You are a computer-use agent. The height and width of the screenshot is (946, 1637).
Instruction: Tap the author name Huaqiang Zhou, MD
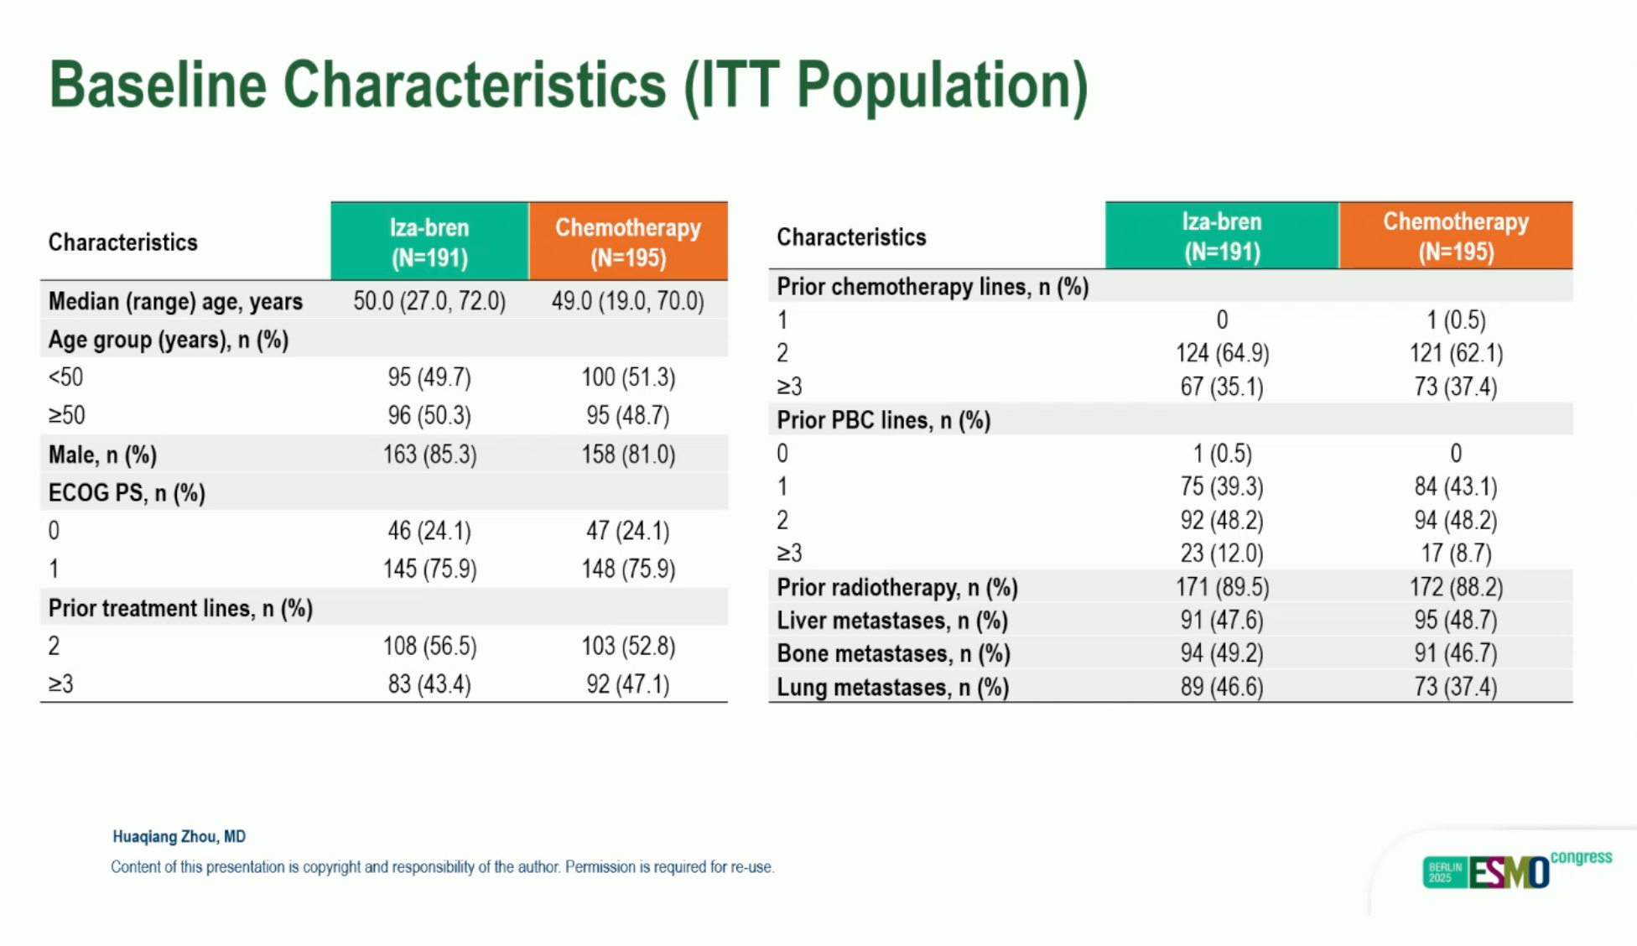179,836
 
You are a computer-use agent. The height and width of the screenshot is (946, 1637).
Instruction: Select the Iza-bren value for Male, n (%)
429,455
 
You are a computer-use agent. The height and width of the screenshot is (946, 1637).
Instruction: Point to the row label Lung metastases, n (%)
892,687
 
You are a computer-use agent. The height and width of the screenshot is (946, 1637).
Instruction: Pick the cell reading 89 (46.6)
1221,687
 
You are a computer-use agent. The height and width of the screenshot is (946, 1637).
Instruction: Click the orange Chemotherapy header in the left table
628,242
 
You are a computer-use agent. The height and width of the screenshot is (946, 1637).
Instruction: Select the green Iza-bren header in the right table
1221,236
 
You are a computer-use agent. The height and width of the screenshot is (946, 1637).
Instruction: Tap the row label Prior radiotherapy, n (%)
896,587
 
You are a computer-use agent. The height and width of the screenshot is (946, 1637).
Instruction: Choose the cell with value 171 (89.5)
1221,587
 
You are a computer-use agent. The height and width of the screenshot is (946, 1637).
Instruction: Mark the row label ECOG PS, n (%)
127,492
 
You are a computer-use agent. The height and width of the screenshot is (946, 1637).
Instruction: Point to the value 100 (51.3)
628,377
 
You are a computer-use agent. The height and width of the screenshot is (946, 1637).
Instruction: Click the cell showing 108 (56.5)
429,646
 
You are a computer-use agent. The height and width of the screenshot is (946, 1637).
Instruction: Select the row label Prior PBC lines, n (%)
883,420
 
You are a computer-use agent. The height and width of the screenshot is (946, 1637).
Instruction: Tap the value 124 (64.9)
1221,353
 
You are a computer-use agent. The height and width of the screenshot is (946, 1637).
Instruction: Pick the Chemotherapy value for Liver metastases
1455,620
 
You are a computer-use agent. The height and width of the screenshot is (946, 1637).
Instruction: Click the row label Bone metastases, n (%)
893,653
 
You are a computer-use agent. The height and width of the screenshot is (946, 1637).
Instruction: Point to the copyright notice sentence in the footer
442,867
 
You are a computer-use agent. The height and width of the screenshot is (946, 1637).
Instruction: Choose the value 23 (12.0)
1221,554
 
